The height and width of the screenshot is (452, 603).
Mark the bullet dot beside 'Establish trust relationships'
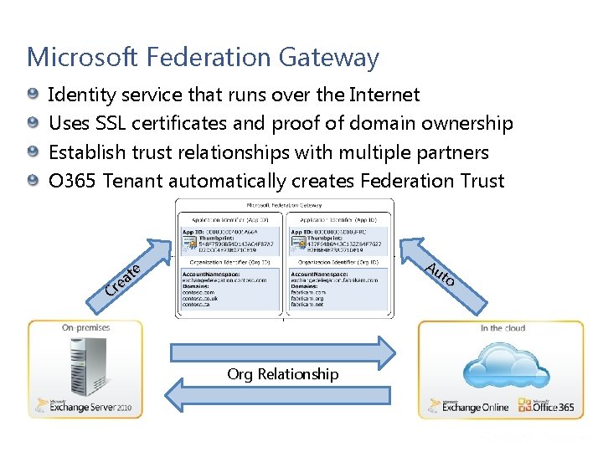click(32, 152)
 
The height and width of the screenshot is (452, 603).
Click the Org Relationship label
click(283, 374)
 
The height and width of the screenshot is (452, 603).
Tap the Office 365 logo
click(544, 408)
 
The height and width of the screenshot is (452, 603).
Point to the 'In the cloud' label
click(502, 328)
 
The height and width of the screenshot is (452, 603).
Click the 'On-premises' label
click(85, 328)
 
